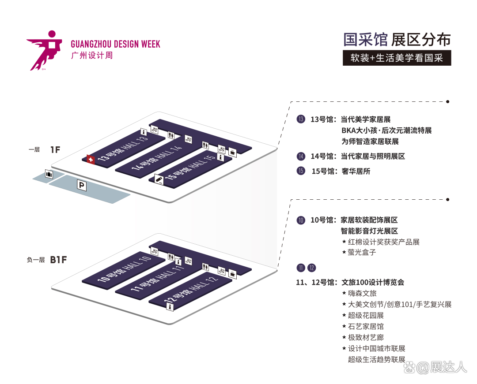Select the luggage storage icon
[x=49, y=174]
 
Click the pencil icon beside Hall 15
[x=159, y=179]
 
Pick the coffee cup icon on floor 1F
[x=232, y=152]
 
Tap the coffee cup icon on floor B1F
[x=232, y=274]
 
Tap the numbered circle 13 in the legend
[x=301, y=119]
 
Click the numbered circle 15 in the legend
[x=301, y=171]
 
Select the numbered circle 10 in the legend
[x=301, y=220]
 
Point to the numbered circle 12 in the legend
[x=312, y=268]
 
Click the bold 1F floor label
[x=55, y=150]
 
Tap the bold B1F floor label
[x=58, y=260]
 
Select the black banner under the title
[x=397, y=58]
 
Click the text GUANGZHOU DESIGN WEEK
[x=115, y=45]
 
